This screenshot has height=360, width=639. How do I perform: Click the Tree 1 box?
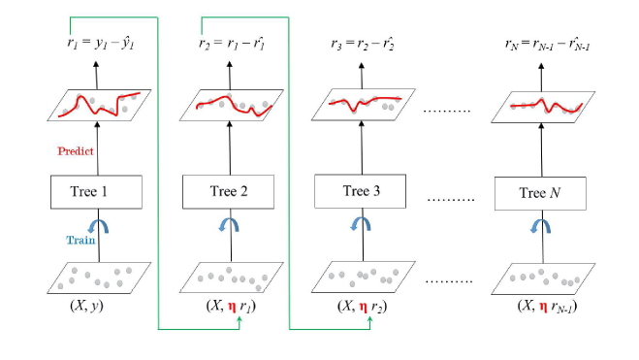(96, 190)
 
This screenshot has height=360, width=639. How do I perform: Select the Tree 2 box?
(230, 191)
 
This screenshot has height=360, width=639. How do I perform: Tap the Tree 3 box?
(362, 191)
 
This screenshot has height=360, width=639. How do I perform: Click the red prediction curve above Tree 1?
(97, 105)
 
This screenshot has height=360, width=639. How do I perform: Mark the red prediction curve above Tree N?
(544, 105)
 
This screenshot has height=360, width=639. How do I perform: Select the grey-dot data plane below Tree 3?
(362, 278)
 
